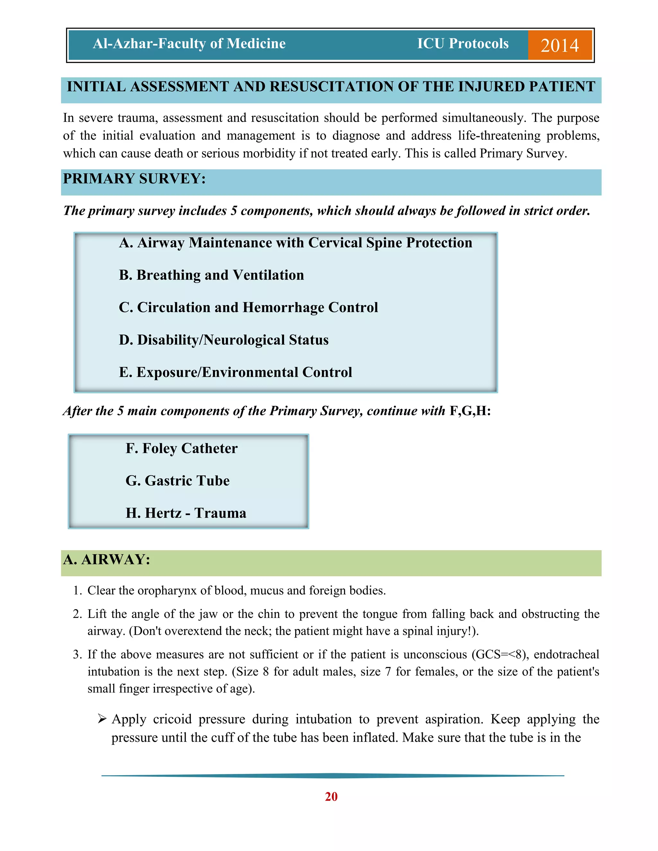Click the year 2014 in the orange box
(x=559, y=46)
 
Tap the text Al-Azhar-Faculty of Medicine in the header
(x=189, y=44)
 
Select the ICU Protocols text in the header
(x=463, y=44)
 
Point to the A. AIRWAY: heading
(x=106, y=559)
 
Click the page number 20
(x=331, y=796)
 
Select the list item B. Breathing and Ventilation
(x=211, y=275)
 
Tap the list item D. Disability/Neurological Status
(x=223, y=340)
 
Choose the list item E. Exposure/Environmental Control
(x=236, y=372)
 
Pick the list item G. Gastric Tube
(x=177, y=480)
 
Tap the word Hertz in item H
(x=163, y=513)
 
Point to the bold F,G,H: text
(x=470, y=411)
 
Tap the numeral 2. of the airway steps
(x=77, y=614)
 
